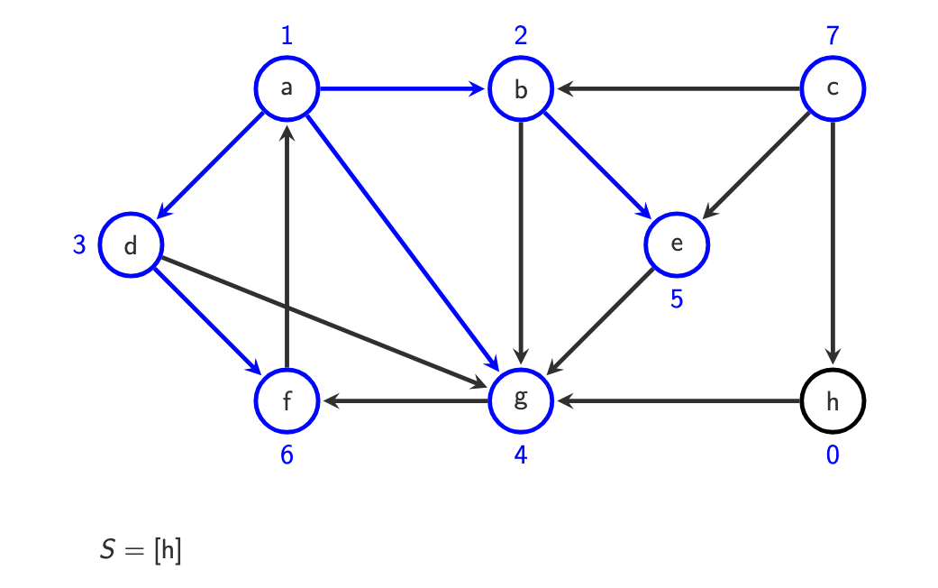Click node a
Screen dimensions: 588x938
pyautogui.click(x=287, y=88)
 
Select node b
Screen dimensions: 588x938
pyautogui.click(x=520, y=89)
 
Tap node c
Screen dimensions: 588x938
pyautogui.click(x=832, y=88)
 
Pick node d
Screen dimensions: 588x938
pyautogui.click(x=131, y=245)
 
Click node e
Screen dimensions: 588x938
pyautogui.click(x=677, y=244)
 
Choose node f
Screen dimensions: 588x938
pyautogui.click(x=287, y=400)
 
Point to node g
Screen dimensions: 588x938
pyautogui.click(x=520, y=400)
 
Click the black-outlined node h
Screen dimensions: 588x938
pyautogui.click(x=832, y=400)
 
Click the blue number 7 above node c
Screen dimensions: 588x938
pyautogui.click(x=832, y=37)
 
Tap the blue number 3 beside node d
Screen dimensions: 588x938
pyautogui.click(x=79, y=244)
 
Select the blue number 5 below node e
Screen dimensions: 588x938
pyautogui.click(x=677, y=299)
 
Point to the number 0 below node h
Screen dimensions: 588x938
pyautogui.click(x=832, y=455)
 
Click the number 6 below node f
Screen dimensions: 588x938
pyautogui.click(x=287, y=455)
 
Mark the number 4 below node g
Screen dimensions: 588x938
pyautogui.click(x=520, y=455)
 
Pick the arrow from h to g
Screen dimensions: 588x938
pyautogui.click(x=676, y=400)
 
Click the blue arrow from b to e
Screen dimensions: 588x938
pyautogui.click(x=598, y=167)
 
